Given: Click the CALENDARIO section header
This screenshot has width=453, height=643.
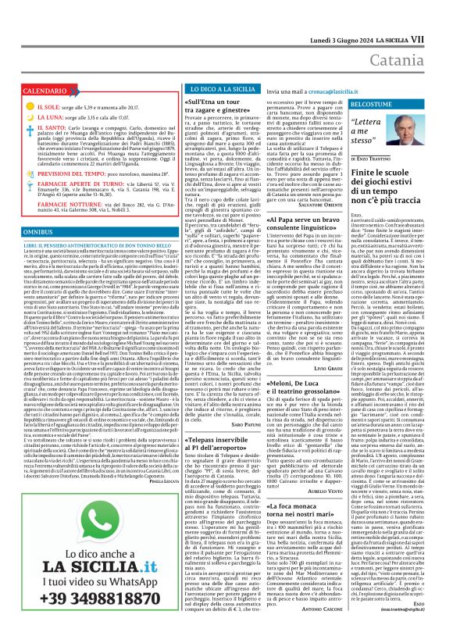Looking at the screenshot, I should tap(40, 91).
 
